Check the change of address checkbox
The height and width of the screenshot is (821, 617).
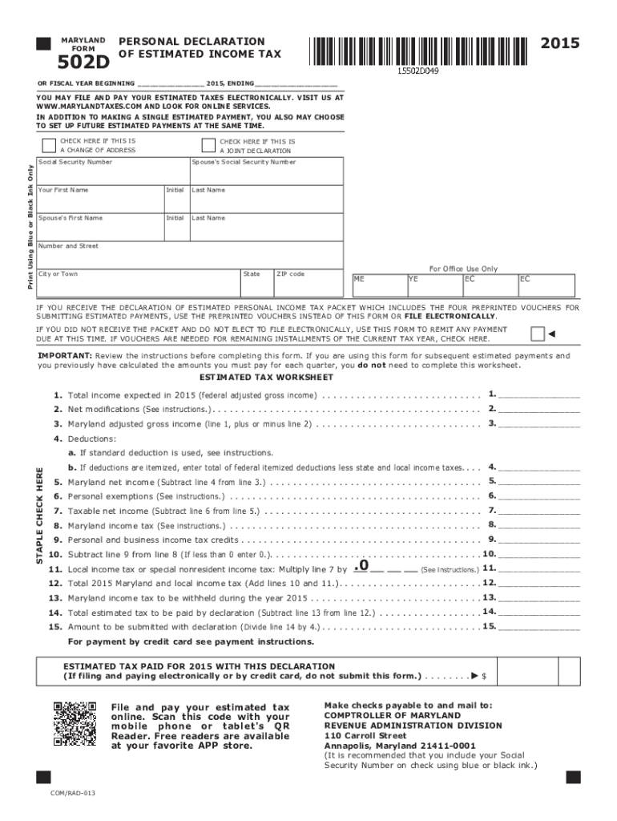[x=47, y=145]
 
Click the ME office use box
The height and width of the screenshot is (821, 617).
[x=377, y=285]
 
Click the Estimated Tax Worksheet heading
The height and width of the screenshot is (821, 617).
[x=266, y=377]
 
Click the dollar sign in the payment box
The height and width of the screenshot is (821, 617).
[x=484, y=677]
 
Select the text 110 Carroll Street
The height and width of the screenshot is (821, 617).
[x=365, y=735]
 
